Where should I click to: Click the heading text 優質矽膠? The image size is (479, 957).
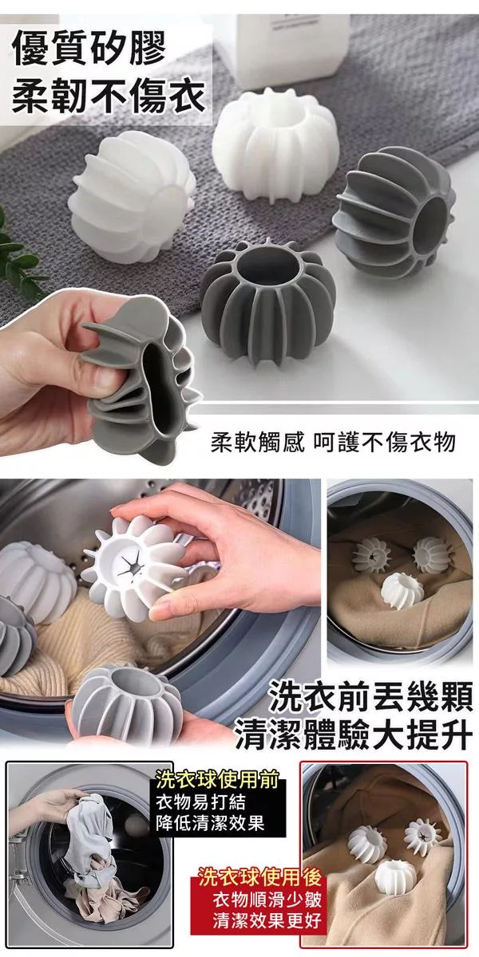click(x=89, y=49)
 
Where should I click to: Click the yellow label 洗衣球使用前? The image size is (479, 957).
click(x=217, y=780)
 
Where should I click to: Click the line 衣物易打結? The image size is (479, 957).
click(x=200, y=802)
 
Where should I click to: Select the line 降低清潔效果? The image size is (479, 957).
click(x=210, y=823)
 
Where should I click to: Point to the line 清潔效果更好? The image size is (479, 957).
click(x=267, y=920)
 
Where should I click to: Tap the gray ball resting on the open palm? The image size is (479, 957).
click(x=127, y=701)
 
